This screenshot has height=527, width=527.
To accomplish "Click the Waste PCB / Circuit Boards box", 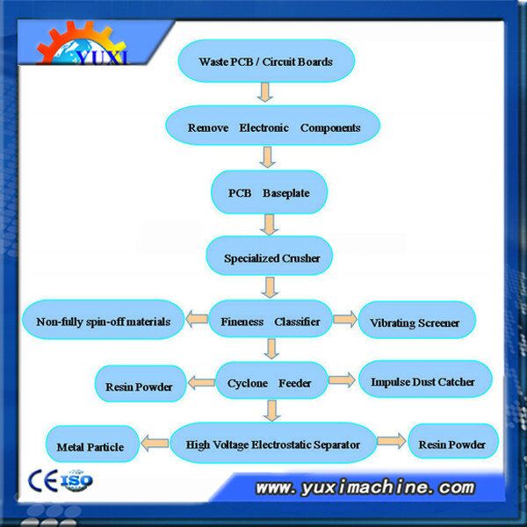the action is point(266,61).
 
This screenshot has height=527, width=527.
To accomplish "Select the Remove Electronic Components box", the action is point(272,126).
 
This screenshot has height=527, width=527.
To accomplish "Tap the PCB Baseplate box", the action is point(270,192).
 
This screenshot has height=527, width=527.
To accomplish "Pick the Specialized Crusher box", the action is point(270,256).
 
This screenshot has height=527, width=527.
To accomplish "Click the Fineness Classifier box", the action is point(271,319).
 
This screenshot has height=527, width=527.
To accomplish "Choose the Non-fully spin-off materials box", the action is point(103,320).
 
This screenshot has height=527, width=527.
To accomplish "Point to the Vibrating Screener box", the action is point(417,320).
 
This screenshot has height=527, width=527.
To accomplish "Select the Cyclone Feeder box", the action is point(271,380).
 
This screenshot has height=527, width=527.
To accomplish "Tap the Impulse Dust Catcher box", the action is point(425,379).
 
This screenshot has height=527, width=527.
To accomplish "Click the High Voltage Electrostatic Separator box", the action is point(273,443).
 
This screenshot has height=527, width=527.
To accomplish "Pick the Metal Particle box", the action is point(92,444).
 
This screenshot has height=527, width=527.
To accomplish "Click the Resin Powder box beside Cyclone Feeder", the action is point(141,384).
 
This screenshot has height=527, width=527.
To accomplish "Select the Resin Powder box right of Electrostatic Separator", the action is point(453,441).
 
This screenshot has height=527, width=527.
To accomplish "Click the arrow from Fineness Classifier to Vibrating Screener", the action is point(345,319).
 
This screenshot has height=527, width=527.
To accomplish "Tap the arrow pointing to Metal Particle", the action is point(155,443).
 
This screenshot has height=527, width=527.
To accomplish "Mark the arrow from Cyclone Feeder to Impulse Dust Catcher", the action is point(342,380).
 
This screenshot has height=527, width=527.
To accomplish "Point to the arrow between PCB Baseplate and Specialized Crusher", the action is point(270,225).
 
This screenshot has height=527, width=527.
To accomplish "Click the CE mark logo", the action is point(43,480).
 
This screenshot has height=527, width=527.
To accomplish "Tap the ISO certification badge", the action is point(76,480).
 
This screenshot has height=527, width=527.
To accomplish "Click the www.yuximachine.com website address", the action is point(365,487).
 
